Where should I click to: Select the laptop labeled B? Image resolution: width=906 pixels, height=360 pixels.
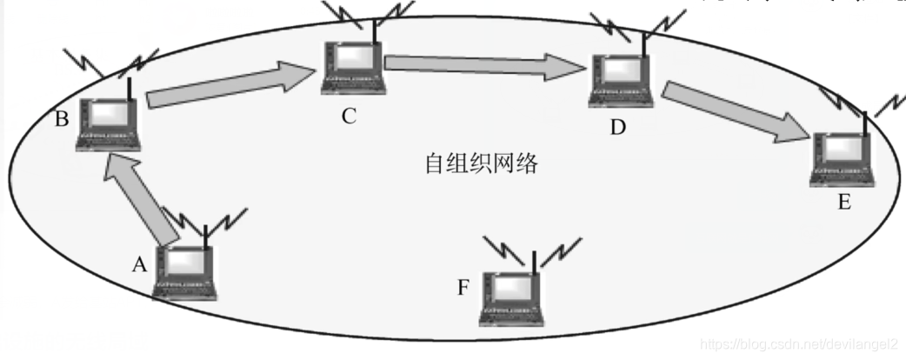pyautogui.click(x=109, y=124)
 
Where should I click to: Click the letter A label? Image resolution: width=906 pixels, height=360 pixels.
pyautogui.click(x=139, y=266)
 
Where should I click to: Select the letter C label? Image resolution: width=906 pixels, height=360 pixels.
pyautogui.click(x=349, y=116)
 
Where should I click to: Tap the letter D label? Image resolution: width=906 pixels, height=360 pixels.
pyautogui.click(x=617, y=129)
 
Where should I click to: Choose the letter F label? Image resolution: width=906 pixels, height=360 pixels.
pyautogui.click(x=464, y=287)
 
